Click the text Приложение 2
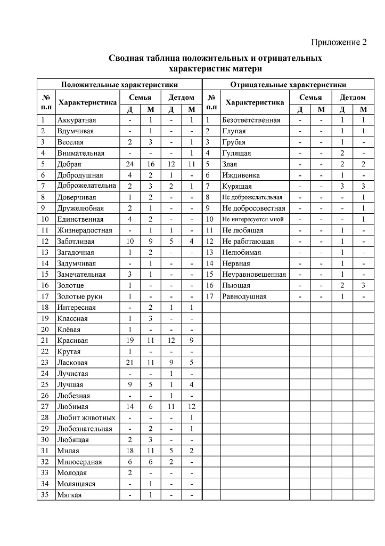[x=339, y=43]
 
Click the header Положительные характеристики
[x=119, y=85]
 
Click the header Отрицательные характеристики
[x=288, y=85]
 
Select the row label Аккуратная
[x=77, y=120]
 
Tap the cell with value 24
[x=129, y=164]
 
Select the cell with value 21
[x=129, y=363]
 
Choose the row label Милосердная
[x=79, y=462]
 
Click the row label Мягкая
[x=69, y=495]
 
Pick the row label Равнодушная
[x=244, y=296]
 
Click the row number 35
[x=45, y=495]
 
